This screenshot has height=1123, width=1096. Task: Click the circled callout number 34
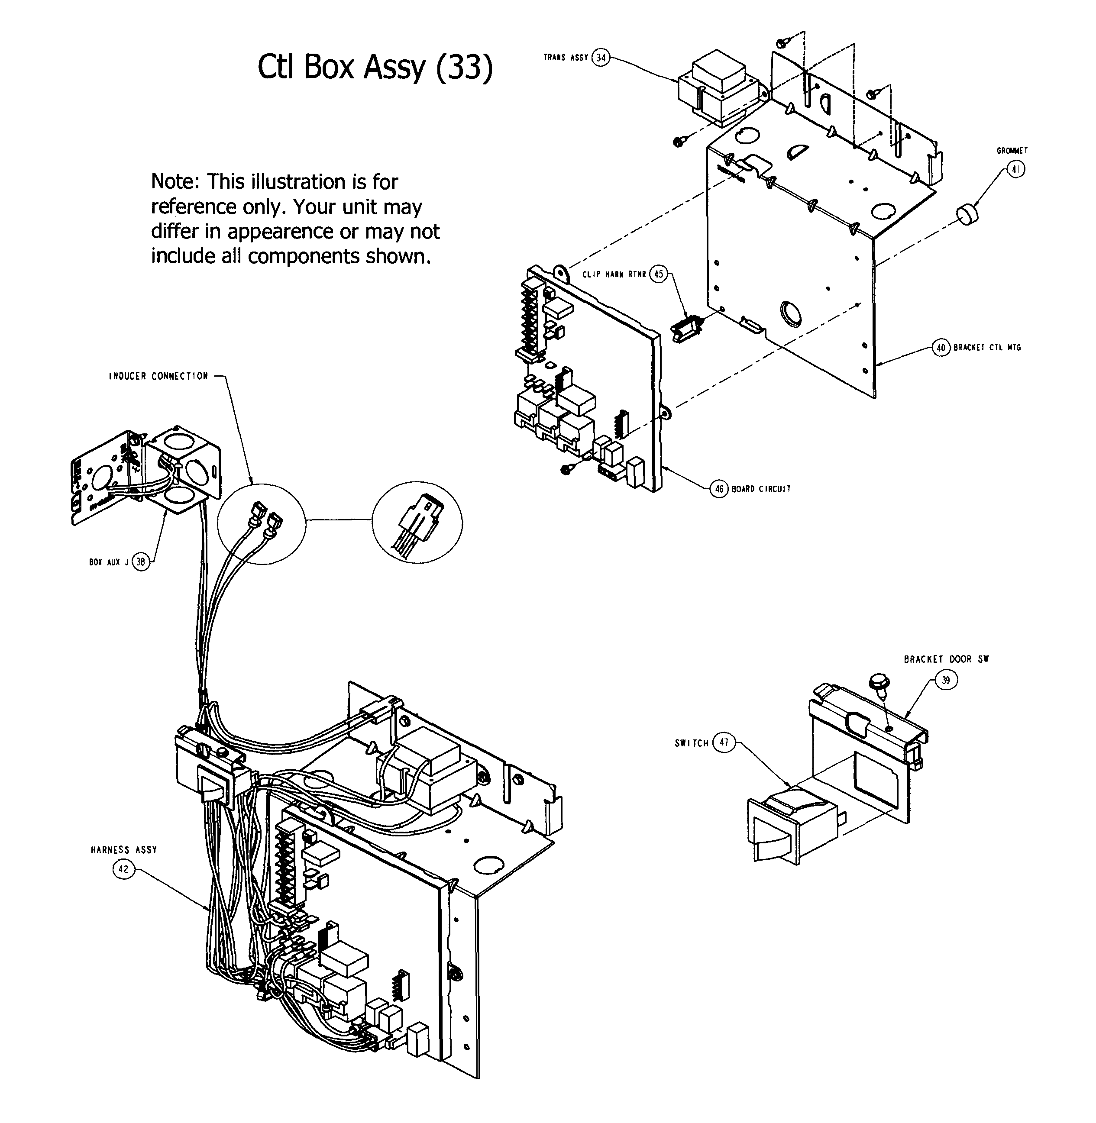(601, 58)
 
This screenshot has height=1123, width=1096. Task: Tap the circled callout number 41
(1016, 170)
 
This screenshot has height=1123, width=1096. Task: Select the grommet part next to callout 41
(969, 214)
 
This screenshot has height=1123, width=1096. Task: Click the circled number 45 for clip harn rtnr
(659, 274)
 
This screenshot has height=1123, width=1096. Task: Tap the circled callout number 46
(719, 489)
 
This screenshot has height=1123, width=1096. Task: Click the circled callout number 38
(140, 562)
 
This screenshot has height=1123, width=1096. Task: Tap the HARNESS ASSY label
(124, 849)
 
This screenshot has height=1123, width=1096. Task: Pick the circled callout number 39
(946, 681)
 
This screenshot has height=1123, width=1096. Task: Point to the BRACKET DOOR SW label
(946, 659)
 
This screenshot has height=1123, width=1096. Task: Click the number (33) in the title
(464, 68)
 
